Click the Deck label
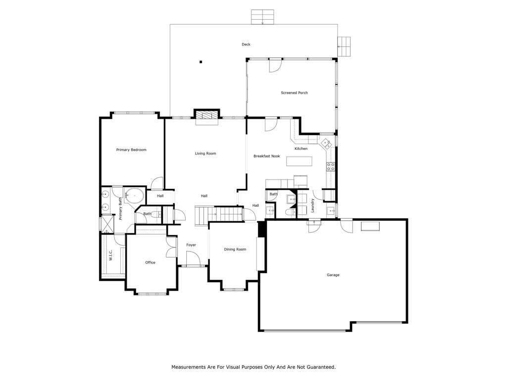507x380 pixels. [x=246, y=44]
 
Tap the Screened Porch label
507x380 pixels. [x=294, y=93]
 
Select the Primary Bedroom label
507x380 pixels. [x=131, y=149]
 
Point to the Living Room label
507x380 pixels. [x=205, y=153]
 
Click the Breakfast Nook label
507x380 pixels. [x=267, y=156]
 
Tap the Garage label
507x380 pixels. [x=333, y=275]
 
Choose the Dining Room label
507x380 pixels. [x=235, y=249]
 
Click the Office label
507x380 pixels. [x=151, y=262]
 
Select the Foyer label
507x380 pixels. [x=191, y=245]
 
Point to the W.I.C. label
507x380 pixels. [x=110, y=255]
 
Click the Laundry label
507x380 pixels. [x=313, y=205]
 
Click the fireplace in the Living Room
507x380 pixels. [x=207, y=116]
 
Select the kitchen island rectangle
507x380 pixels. [x=299, y=161]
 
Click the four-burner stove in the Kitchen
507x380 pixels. [x=330, y=167]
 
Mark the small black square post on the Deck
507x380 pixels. [x=201, y=62]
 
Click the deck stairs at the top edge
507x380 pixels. [x=262, y=17]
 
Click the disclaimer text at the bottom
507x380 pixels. [x=253, y=367]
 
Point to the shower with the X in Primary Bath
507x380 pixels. [x=107, y=223]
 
